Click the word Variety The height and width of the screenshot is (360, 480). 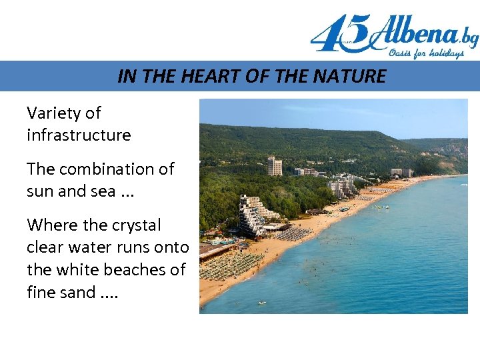click(x=53, y=113)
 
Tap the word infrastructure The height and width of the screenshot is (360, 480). click(x=79, y=135)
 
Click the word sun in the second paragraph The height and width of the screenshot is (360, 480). click(x=40, y=191)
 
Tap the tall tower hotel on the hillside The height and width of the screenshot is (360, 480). click(x=273, y=165)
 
